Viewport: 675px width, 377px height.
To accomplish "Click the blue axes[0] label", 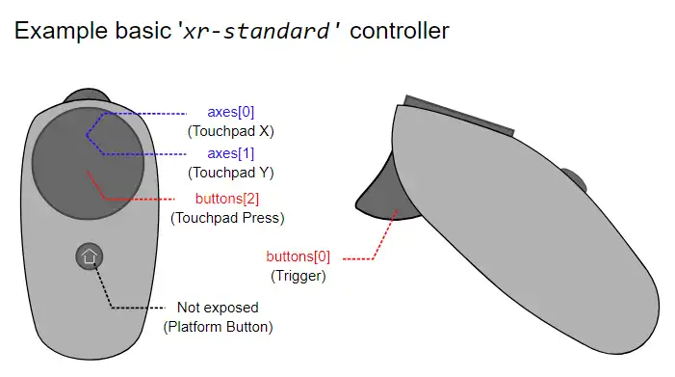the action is [x=231, y=112].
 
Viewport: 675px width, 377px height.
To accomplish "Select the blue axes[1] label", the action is [x=231, y=153].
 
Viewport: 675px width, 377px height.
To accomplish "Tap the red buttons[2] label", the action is [x=227, y=199].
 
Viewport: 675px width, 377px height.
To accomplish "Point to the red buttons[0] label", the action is [x=298, y=256].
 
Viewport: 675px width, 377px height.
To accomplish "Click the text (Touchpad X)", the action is [x=231, y=131].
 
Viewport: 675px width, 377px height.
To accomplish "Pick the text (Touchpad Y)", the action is [x=231, y=173].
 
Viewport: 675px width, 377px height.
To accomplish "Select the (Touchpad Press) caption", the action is [x=227, y=218].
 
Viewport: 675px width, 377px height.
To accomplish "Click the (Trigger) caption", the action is [x=298, y=276].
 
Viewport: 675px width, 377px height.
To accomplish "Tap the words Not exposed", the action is [x=218, y=308].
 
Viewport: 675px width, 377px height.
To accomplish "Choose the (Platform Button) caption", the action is [x=218, y=327].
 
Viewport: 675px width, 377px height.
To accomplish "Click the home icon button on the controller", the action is [x=90, y=256].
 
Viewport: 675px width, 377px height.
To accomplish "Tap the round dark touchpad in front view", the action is [x=88, y=163].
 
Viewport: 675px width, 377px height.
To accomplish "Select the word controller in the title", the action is [x=400, y=31].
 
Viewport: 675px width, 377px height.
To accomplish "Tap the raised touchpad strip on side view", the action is [x=459, y=115].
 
